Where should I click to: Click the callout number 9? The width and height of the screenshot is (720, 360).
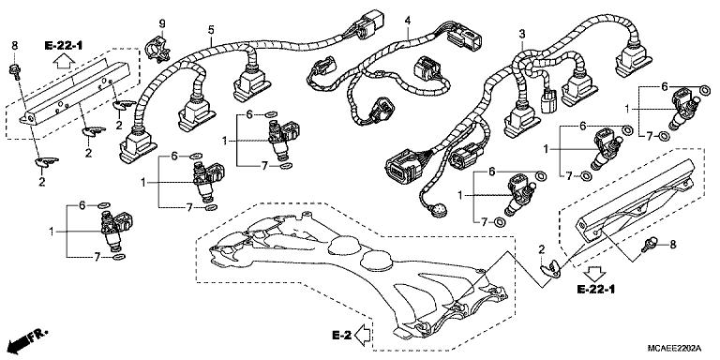tap(160, 22)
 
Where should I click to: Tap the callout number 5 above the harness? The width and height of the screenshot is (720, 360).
tap(211, 30)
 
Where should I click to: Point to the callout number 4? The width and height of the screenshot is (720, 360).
tap(408, 21)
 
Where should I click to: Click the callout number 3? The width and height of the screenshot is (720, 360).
tap(521, 35)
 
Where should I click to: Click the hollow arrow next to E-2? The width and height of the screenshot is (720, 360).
tap(364, 334)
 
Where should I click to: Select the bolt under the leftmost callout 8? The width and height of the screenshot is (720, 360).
tap(15, 67)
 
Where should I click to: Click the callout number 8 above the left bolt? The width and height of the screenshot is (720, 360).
tap(14, 45)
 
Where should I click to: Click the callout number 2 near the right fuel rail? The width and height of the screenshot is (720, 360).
tap(542, 247)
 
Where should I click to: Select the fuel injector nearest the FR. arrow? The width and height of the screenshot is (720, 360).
tap(110, 229)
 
